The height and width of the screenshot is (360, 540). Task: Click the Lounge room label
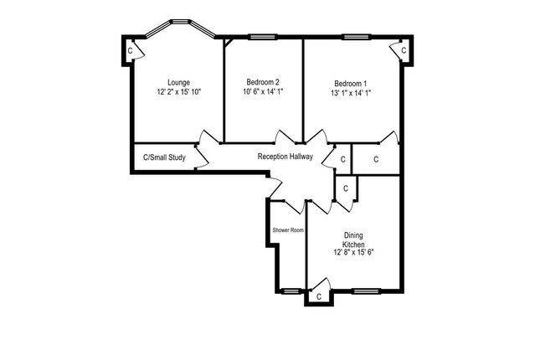pyautogui.click(x=178, y=81)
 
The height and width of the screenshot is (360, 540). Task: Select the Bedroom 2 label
pyautogui.click(x=262, y=82)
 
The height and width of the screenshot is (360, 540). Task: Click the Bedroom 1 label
pyautogui.click(x=351, y=83)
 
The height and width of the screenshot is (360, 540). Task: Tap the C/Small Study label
pyautogui.click(x=164, y=157)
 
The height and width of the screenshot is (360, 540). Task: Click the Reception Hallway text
pyautogui.click(x=285, y=157)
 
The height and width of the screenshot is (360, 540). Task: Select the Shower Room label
pyautogui.click(x=287, y=229)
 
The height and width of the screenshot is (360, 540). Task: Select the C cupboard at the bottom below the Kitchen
pyautogui.click(x=318, y=296)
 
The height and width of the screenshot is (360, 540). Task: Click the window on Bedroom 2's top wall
pyautogui.click(x=263, y=36)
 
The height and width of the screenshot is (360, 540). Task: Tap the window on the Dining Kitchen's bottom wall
pyautogui.click(x=365, y=291)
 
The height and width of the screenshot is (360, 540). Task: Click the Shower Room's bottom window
pyautogui.click(x=290, y=291)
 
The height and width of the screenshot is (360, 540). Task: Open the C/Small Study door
pyautogui.click(x=201, y=156)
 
